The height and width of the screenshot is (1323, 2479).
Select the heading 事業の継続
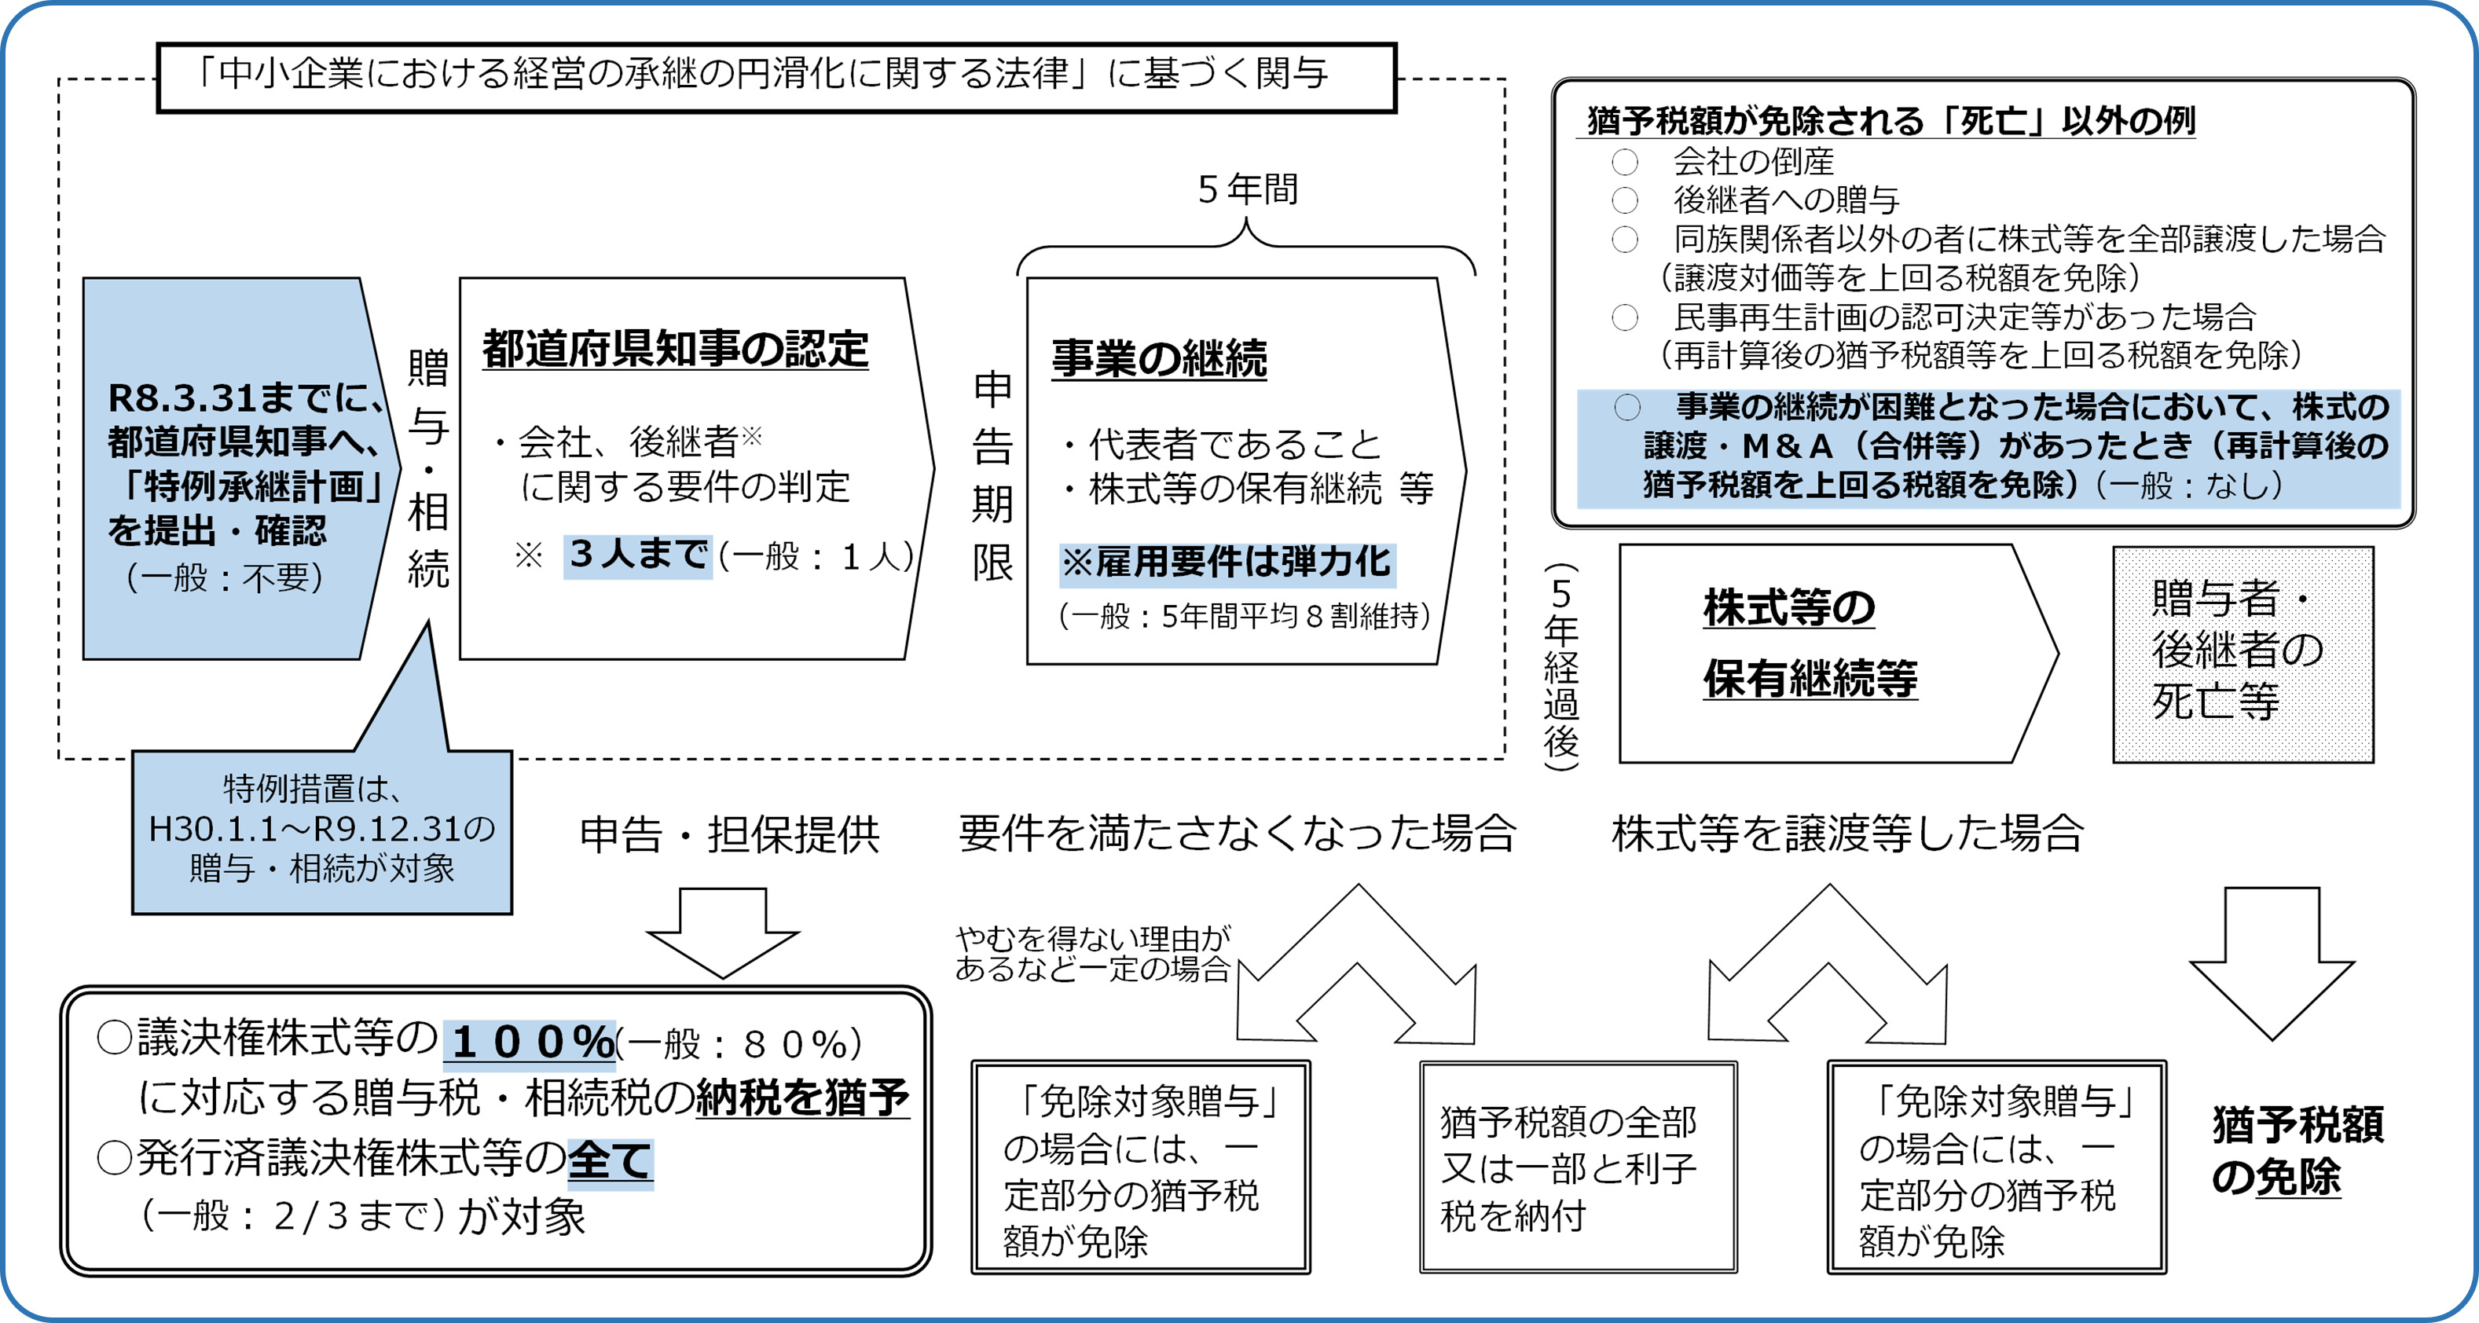click(x=1159, y=358)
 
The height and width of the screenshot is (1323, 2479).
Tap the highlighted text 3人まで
click(x=638, y=555)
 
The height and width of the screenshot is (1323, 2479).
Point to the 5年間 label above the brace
click(x=1247, y=189)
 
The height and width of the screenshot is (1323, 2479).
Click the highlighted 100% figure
click(x=530, y=1042)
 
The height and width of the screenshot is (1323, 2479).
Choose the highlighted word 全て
click(x=611, y=1160)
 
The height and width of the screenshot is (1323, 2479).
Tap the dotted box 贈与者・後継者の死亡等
click(x=2242, y=654)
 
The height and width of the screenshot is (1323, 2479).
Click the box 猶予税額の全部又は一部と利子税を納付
click(x=1577, y=1167)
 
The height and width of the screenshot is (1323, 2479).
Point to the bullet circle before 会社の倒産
click(x=1624, y=162)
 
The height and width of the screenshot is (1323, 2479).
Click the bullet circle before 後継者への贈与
click(x=1624, y=200)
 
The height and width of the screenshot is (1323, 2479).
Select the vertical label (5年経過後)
click(x=1561, y=666)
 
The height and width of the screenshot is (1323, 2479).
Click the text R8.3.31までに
click(x=245, y=398)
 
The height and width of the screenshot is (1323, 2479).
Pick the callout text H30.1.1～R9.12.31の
click(x=321, y=828)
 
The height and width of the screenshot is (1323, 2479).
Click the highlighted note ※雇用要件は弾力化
click(x=1226, y=562)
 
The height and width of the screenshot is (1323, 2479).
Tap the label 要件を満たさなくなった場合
click(x=1237, y=834)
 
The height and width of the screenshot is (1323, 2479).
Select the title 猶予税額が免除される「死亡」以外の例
click(x=1890, y=121)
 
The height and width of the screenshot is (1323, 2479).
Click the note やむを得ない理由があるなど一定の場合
click(x=1092, y=954)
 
